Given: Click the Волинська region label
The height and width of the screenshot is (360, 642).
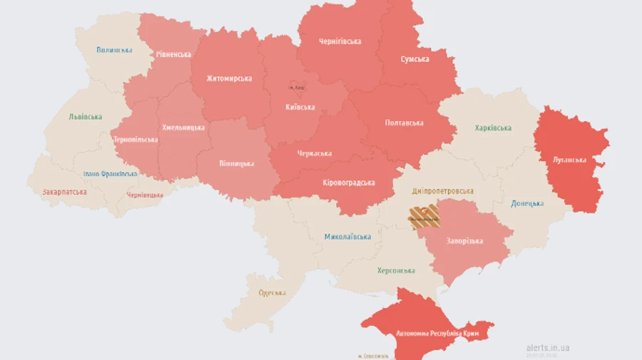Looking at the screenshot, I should pyautogui.click(x=114, y=50).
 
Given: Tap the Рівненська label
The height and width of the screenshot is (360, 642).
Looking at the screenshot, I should pyautogui.click(x=174, y=54).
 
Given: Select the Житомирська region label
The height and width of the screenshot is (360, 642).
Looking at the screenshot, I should pyautogui.click(x=229, y=78).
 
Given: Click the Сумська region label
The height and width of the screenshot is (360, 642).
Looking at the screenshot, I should pyautogui.click(x=415, y=59).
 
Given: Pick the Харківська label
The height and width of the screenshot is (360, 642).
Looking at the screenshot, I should pyautogui.click(x=493, y=128).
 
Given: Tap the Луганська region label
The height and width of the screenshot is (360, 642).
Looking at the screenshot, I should pyautogui.click(x=569, y=160).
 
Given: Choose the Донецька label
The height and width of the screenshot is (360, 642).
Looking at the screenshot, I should pyautogui.click(x=527, y=204).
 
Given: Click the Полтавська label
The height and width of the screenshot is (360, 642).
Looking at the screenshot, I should pyautogui.click(x=404, y=123).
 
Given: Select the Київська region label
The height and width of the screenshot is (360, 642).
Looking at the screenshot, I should pyautogui.click(x=300, y=108).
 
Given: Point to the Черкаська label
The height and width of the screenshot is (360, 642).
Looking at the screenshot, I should pyautogui.click(x=315, y=153).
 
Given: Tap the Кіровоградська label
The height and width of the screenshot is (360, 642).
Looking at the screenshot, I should pyautogui.click(x=349, y=183).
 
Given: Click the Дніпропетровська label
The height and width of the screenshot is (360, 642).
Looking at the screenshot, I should pyautogui.click(x=442, y=191).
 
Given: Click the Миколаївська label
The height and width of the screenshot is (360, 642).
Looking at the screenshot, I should pyautogui.click(x=347, y=237).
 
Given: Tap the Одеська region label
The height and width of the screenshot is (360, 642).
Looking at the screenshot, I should pyautogui.click(x=272, y=293).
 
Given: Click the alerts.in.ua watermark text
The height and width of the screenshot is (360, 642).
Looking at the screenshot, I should pyautogui.click(x=547, y=348).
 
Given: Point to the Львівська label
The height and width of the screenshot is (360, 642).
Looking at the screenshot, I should pyautogui.click(x=86, y=117).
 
